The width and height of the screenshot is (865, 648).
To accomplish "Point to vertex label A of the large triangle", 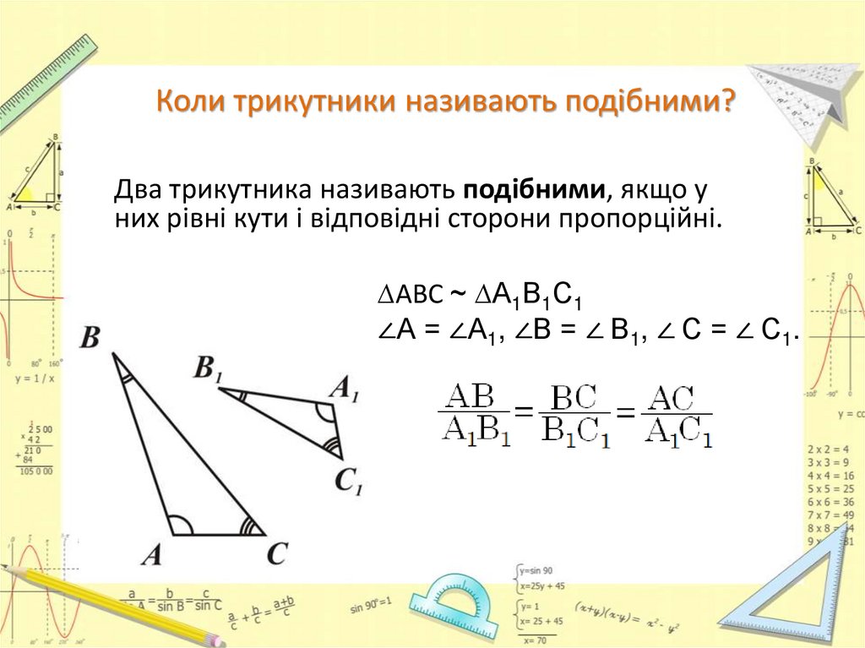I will (x=151, y=555).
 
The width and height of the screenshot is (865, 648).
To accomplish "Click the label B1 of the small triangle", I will (x=208, y=368).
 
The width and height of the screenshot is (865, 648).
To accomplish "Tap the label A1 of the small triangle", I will (x=344, y=388).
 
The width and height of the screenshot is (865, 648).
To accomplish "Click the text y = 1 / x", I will (x=35, y=378).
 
